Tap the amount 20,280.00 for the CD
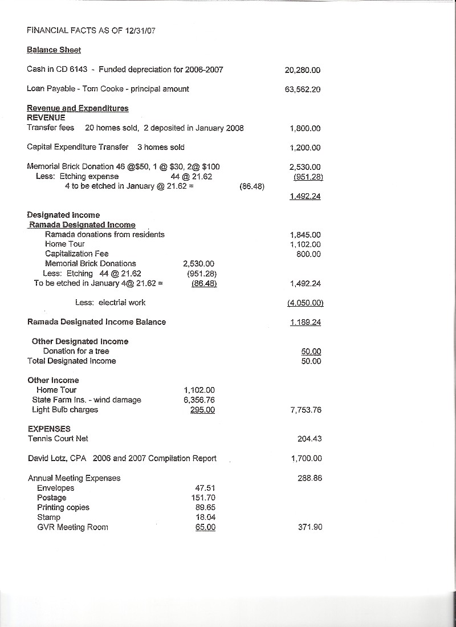coord(302,71)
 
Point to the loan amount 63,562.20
coord(302,89)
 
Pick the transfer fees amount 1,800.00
coord(305,129)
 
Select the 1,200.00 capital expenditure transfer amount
coord(305,148)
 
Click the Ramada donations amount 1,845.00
coord(305,235)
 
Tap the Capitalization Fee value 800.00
coord(308,254)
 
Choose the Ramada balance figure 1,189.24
coord(305,323)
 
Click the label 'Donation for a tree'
coord(76,351)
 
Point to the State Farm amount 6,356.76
coord(199,400)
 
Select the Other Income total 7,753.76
coord(305,410)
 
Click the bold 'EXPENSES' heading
coord(49,429)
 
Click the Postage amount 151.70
coord(203,498)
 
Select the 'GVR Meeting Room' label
coord(72,527)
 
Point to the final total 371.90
coord(310,527)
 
